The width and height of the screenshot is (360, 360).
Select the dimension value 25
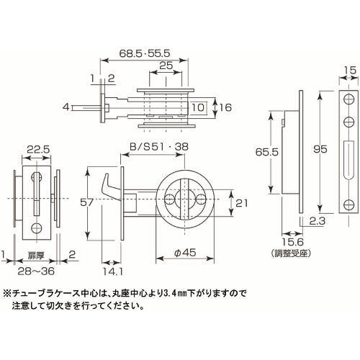tap(166, 66)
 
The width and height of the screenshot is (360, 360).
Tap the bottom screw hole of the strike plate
tap(348, 204)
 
